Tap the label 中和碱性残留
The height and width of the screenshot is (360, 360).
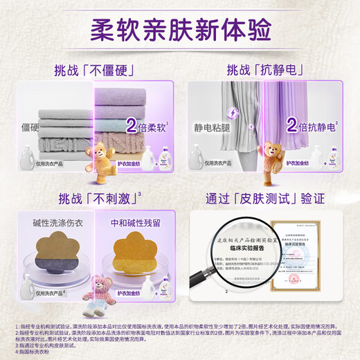[136, 225]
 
